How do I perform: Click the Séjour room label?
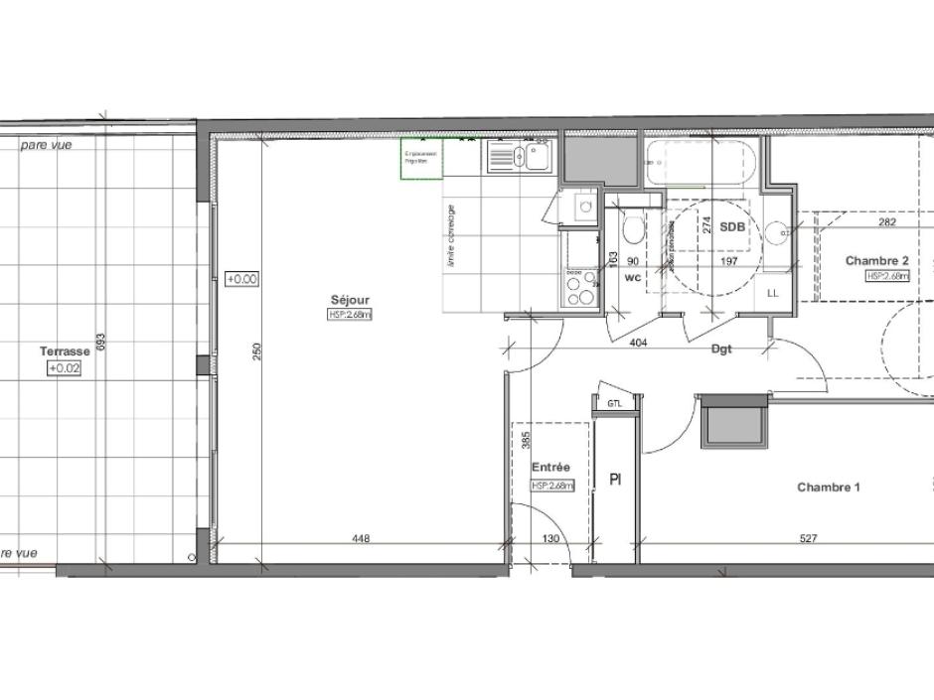(350, 300)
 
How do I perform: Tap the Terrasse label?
(65, 351)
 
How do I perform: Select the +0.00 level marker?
(241, 280)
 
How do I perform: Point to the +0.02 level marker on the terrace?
(65, 368)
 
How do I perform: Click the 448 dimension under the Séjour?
(361, 539)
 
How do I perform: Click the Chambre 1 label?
(828, 488)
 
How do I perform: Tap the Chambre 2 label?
(876, 261)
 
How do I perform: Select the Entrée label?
(550, 468)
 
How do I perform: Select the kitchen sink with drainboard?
(518, 157)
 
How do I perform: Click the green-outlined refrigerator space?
(421, 158)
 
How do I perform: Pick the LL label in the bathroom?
(773, 293)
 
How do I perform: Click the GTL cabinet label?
(613, 403)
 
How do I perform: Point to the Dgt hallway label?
(721, 350)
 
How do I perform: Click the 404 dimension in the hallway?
(640, 342)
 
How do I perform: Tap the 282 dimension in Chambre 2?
(887, 222)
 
